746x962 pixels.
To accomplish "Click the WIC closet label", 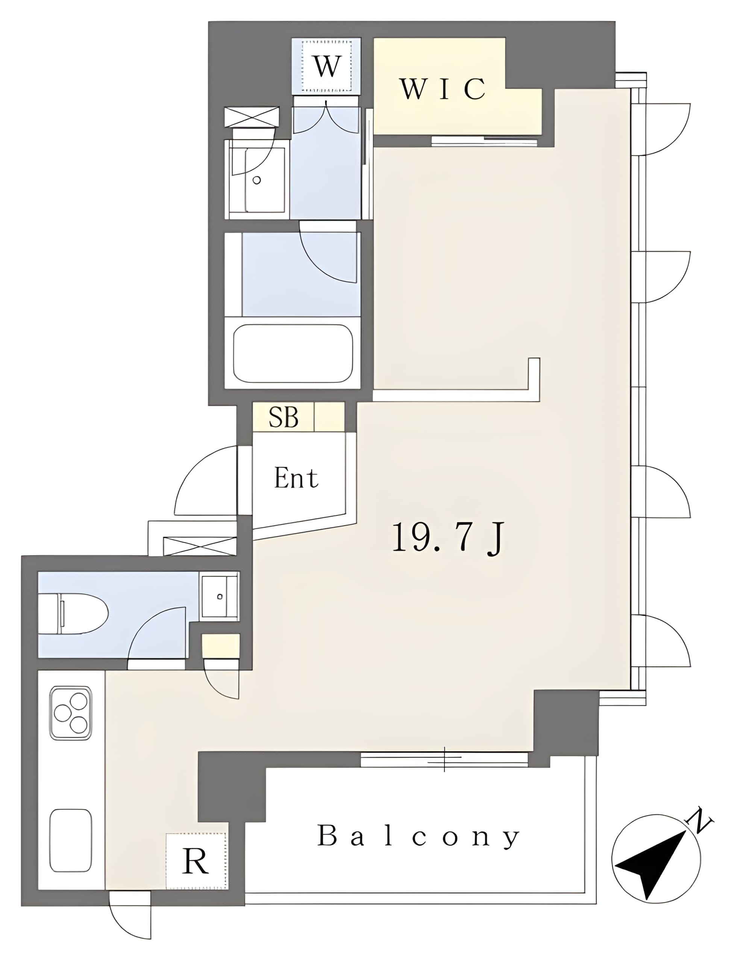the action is pyautogui.click(x=443, y=89).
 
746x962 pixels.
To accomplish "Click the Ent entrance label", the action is pyautogui.click(x=296, y=478).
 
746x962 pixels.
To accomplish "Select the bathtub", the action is pyautogui.click(x=293, y=354).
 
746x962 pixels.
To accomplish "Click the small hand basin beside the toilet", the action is pyautogui.click(x=219, y=596).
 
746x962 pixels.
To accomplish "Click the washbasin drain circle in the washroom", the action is pyautogui.click(x=256, y=180).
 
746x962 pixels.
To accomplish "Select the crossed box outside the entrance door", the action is pyautogui.click(x=200, y=546).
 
